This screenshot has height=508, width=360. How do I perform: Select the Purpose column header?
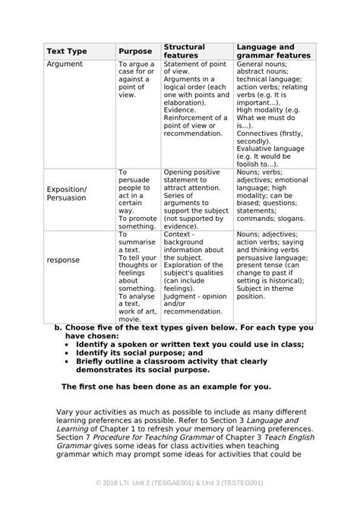click(x=135, y=51)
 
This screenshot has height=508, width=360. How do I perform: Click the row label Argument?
click(x=65, y=65)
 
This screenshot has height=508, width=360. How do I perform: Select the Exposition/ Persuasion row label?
click(x=67, y=192)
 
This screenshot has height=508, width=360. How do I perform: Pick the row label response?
click(x=63, y=260)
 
